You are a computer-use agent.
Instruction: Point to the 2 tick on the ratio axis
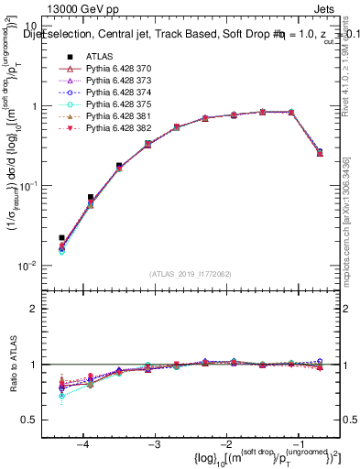[43, 309]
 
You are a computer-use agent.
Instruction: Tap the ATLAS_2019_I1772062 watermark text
[191, 273]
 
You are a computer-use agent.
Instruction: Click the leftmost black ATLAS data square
[61, 238]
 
